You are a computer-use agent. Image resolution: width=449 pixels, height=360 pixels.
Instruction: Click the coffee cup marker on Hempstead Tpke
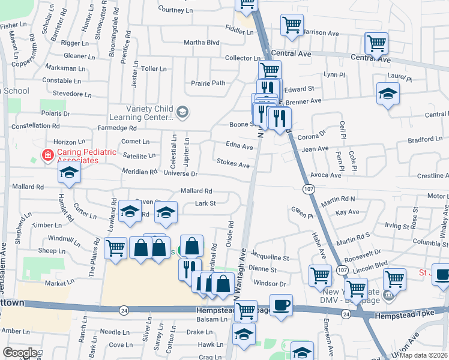point(280,305)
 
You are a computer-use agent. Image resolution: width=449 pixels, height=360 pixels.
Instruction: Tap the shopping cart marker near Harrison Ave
point(292,25)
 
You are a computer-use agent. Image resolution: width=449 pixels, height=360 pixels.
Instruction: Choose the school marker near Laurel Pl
point(388,93)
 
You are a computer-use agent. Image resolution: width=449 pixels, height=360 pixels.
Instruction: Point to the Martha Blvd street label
point(202,43)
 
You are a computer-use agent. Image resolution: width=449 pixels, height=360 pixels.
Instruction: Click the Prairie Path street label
point(208,83)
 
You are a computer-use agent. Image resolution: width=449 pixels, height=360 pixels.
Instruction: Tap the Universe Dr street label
point(180,174)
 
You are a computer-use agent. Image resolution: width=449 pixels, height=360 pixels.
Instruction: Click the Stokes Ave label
point(233,164)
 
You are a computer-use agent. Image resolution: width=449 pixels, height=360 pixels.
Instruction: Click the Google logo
point(20,353)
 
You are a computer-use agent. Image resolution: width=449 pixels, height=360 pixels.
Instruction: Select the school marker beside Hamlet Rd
point(69,173)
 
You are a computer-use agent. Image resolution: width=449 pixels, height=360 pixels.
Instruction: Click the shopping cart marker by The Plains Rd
point(115,247)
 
